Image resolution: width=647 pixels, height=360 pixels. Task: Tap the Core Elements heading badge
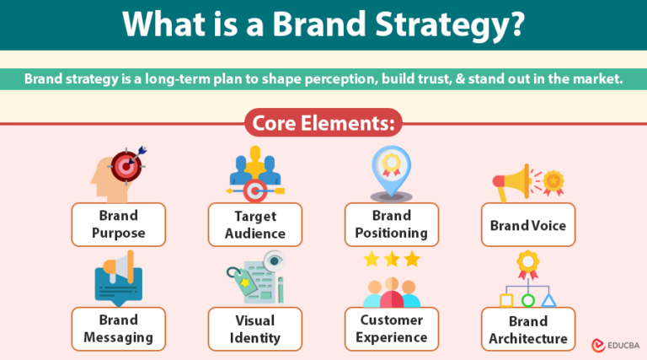pos(323,124)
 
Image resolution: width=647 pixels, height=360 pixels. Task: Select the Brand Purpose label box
pos(118,223)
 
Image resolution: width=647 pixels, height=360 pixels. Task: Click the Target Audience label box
pos(254,224)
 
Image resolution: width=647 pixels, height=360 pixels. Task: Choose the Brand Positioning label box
pos(391,223)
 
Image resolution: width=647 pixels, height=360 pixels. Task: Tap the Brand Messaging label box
pos(118,329)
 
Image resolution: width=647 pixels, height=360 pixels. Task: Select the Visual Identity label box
pos(254,329)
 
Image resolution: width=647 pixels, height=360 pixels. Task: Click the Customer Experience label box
pos(391,329)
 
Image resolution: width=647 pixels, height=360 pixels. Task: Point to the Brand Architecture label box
pos(528,329)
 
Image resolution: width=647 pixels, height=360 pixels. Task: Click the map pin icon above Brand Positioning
pos(391,170)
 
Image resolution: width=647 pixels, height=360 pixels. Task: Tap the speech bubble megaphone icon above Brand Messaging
pos(117,277)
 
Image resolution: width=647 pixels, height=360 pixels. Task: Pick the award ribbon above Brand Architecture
pos(528,263)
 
